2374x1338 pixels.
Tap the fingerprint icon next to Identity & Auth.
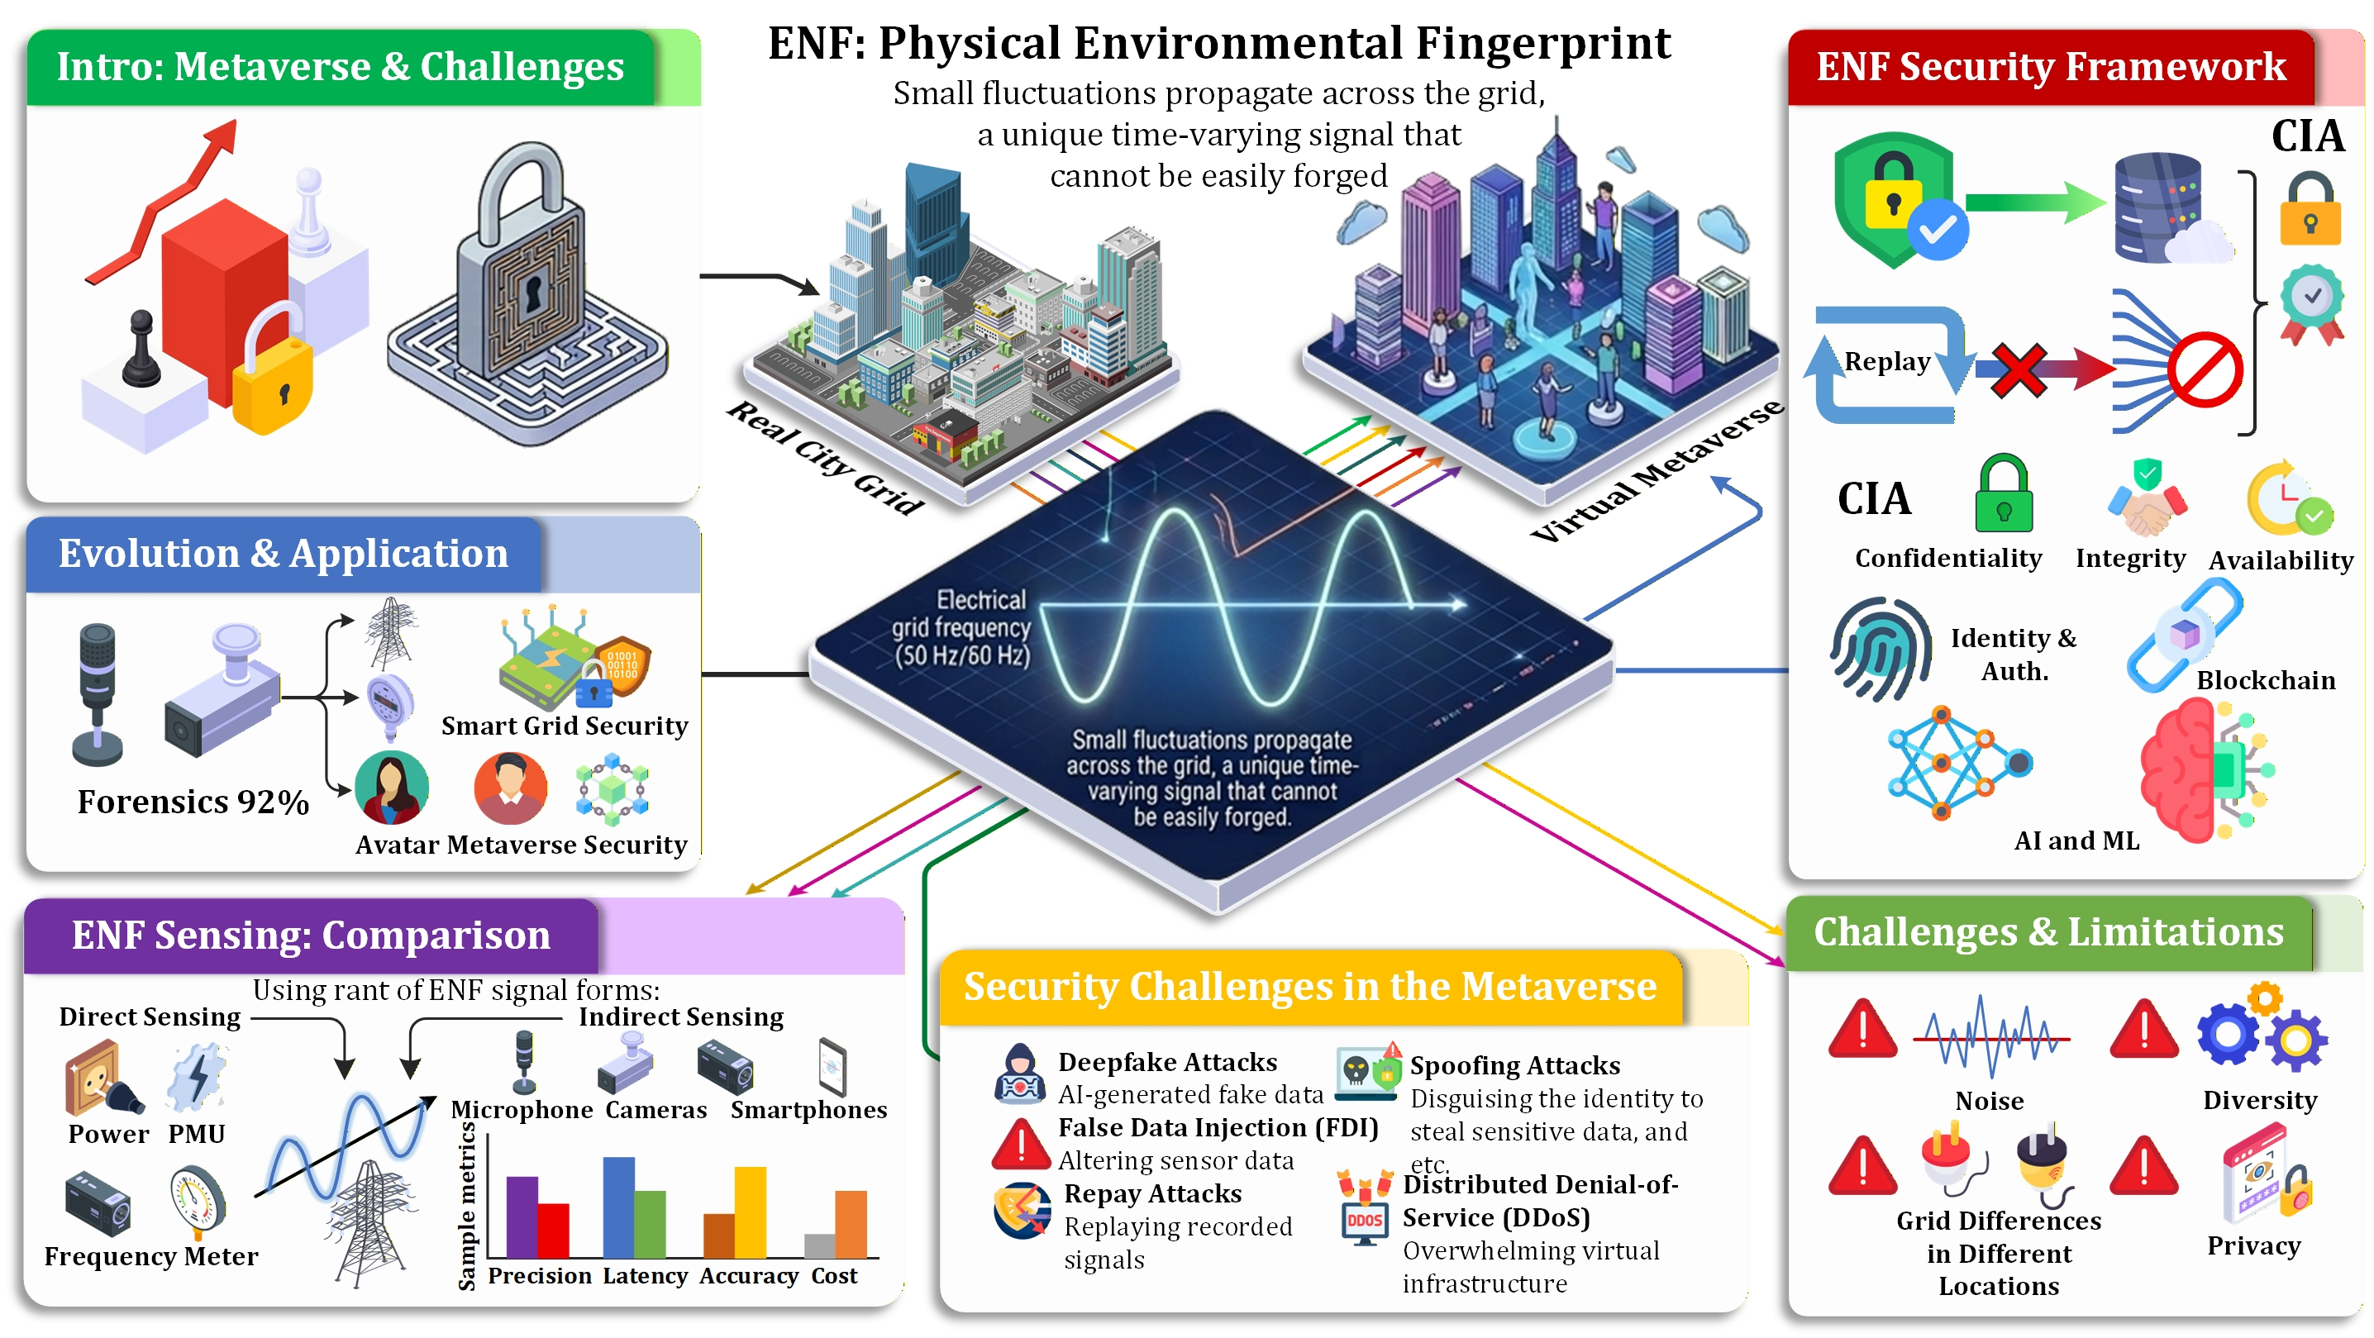(x=1879, y=648)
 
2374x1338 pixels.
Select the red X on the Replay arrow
(x=2018, y=369)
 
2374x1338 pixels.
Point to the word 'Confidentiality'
(x=1947, y=559)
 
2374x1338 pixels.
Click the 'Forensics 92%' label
(x=193, y=802)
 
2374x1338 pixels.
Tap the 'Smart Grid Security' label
(x=564, y=726)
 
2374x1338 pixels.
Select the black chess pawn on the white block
(x=141, y=350)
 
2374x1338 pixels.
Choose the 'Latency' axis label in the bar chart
(x=645, y=1276)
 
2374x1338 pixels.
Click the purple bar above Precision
(x=522, y=1217)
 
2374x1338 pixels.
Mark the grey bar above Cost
(x=818, y=1245)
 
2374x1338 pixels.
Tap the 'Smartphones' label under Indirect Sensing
(x=808, y=1111)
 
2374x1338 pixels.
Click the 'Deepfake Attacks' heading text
(x=1166, y=1063)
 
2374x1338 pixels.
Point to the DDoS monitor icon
(x=1364, y=1221)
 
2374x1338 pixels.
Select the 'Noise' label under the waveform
(x=1989, y=1101)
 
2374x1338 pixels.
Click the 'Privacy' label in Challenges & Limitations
(x=2253, y=1245)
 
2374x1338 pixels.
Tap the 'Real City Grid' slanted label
(x=825, y=458)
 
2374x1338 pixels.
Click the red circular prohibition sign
(x=2205, y=369)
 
